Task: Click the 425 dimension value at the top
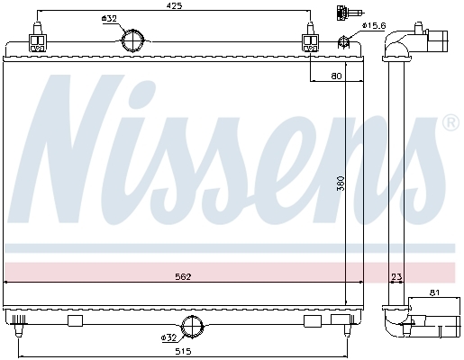[175, 5]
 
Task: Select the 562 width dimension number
[183, 276]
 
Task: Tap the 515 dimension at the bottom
[183, 351]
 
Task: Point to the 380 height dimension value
[341, 184]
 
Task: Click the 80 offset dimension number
[336, 76]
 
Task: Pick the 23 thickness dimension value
[396, 276]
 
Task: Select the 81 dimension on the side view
[434, 292]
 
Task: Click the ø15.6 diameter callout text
[374, 25]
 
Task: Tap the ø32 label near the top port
[109, 19]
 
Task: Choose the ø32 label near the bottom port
[168, 337]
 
